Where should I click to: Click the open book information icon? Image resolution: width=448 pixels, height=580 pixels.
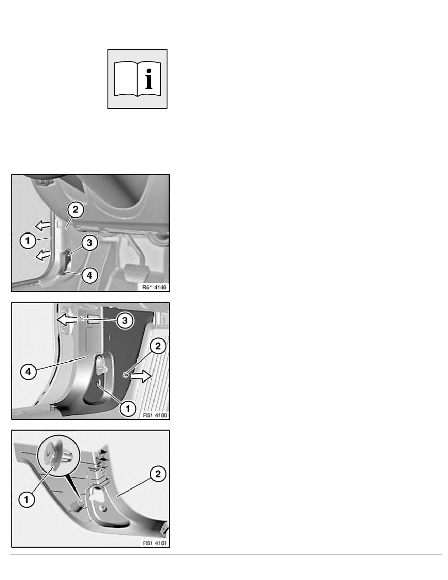point(137,79)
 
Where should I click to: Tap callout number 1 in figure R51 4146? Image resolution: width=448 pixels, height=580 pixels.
point(27,241)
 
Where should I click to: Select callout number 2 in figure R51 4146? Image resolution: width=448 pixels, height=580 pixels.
point(76,210)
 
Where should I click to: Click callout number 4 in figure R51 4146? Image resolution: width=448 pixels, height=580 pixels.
point(89,275)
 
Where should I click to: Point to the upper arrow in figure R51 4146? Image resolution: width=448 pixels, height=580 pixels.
point(42,225)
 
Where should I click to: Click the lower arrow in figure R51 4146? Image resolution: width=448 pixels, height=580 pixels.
point(42,254)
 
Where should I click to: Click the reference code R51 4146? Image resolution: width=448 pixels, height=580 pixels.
point(155,287)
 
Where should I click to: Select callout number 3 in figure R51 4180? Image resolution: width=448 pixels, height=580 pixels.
point(124,320)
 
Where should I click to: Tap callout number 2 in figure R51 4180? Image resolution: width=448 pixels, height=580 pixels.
point(158,346)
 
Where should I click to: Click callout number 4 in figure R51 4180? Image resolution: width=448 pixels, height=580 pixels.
point(28,372)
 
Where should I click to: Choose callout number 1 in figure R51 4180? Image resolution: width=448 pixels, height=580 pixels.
point(128,409)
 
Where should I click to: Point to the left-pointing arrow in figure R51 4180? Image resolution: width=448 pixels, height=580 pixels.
point(67,319)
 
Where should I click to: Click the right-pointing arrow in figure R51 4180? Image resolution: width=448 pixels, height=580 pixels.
point(142,376)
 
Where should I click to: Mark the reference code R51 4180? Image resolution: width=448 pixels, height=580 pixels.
point(155,415)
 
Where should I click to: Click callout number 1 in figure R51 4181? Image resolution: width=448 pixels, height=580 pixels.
point(26,500)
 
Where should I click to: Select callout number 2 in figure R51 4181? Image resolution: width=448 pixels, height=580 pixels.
point(158,474)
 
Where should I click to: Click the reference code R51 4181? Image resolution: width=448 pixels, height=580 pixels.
point(155,543)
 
